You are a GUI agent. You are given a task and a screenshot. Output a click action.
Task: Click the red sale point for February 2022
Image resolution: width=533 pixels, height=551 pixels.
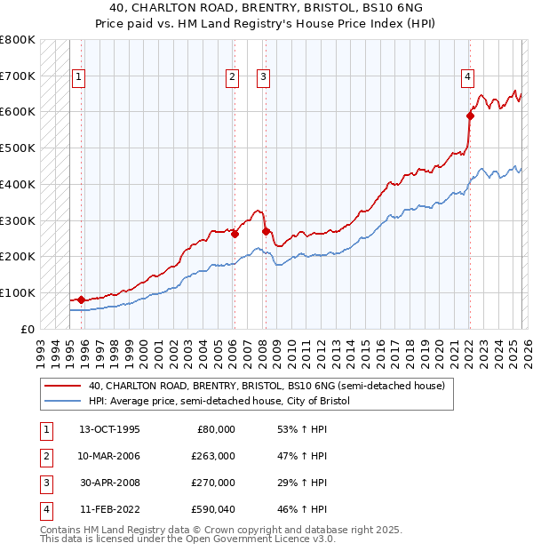click(470, 115)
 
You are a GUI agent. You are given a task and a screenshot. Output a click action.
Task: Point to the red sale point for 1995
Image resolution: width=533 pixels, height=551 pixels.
click(82, 299)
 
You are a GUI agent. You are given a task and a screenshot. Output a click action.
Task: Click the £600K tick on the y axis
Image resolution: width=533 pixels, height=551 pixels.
click(18, 112)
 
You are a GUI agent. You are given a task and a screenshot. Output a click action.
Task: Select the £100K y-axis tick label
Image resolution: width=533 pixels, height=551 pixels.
click(18, 292)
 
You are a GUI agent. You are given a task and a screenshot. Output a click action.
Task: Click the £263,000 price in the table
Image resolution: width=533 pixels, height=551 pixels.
click(213, 456)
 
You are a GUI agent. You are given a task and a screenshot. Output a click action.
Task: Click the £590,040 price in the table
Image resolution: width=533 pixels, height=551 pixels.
click(213, 509)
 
